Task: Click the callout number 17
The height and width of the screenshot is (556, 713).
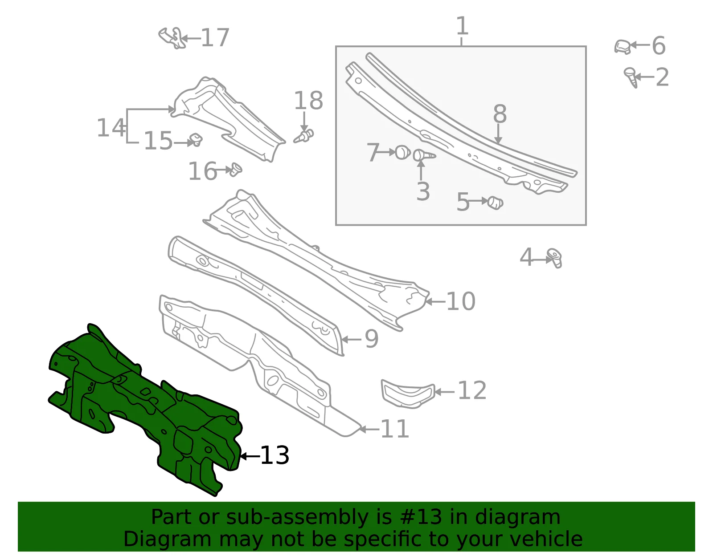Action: click(x=215, y=38)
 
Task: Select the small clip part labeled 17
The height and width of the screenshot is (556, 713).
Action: click(x=172, y=38)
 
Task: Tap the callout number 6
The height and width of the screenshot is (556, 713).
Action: click(x=659, y=45)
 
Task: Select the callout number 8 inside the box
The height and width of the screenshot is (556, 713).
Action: click(x=500, y=114)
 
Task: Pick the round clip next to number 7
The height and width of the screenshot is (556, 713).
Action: click(x=402, y=153)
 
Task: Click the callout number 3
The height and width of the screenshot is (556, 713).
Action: click(x=423, y=191)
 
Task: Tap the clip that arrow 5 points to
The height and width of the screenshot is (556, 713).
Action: click(x=495, y=203)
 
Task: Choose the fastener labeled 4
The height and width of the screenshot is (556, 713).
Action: click(x=554, y=258)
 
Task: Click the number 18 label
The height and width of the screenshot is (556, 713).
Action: click(x=308, y=100)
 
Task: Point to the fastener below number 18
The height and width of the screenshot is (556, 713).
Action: click(x=304, y=136)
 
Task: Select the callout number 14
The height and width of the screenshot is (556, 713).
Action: click(x=111, y=127)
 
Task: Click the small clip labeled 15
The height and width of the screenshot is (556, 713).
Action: click(x=196, y=140)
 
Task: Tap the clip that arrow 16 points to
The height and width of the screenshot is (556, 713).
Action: click(x=236, y=170)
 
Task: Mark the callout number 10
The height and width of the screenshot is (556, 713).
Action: click(x=461, y=301)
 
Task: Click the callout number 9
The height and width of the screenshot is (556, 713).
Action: click(x=372, y=339)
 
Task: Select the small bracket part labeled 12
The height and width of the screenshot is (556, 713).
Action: click(x=408, y=394)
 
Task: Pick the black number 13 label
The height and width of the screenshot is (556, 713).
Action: click(x=275, y=455)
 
